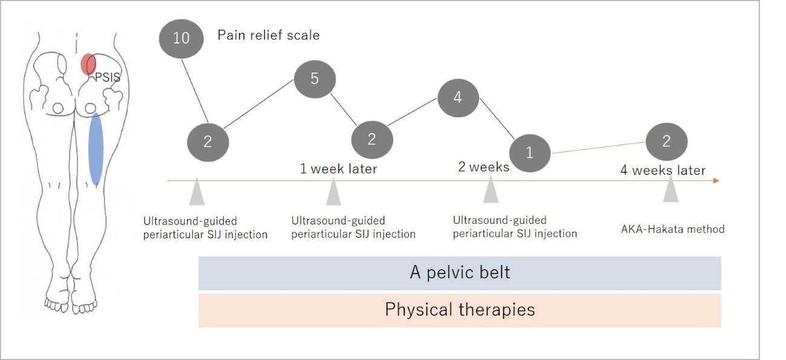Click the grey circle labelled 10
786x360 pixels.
click(x=181, y=39)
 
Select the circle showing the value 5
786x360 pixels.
click(x=315, y=79)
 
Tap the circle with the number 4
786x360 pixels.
click(x=458, y=98)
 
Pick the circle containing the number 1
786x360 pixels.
click(x=529, y=153)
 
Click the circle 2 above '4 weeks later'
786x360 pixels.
click(x=666, y=142)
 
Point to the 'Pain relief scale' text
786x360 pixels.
click(x=269, y=36)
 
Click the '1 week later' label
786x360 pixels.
click(x=339, y=169)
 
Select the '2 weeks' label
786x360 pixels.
click(x=483, y=167)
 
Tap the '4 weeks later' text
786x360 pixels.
click(x=663, y=171)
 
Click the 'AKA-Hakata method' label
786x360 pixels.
click(x=673, y=229)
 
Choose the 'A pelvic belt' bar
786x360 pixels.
click(x=460, y=273)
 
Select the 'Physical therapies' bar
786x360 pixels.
click(x=460, y=310)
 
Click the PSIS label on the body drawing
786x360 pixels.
click(x=107, y=77)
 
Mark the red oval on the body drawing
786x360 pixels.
click(x=88, y=64)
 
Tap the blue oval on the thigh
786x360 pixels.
click(x=96, y=149)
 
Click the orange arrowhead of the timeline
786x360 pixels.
click(x=716, y=181)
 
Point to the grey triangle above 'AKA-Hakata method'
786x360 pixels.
click(x=670, y=189)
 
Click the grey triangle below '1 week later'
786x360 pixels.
click(x=333, y=192)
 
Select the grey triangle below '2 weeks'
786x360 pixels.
click(x=491, y=190)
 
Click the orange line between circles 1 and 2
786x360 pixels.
click(x=598, y=148)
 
